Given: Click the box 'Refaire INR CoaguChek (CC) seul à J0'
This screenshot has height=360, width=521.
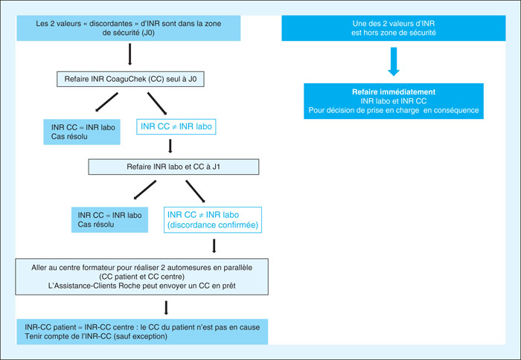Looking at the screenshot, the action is pyautogui.click(x=130, y=79).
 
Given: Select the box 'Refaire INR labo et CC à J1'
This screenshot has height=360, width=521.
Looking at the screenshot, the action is pyautogui.click(x=173, y=167).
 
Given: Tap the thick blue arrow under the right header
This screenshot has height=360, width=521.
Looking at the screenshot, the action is pyautogui.click(x=394, y=62).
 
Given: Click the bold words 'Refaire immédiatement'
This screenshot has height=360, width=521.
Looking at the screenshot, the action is pyautogui.click(x=394, y=92).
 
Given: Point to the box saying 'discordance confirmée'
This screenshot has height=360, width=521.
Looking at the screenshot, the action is pyautogui.click(x=213, y=220).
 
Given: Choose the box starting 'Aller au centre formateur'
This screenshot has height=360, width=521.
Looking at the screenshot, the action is pyautogui.click(x=142, y=277).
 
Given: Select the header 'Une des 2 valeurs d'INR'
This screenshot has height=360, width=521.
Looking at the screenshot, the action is pyautogui.click(x=394, y=28).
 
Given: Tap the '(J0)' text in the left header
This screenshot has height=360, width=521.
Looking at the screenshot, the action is pyautogui.click(x=147, y=33).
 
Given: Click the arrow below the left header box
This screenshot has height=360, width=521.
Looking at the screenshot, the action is pyautogui.click(x=130, y=54).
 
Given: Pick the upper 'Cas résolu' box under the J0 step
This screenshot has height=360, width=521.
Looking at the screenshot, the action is pyautogui.click(x=82, y=132).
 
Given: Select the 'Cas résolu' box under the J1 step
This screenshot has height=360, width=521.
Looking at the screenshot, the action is pyautogui.click(x=109, y=220).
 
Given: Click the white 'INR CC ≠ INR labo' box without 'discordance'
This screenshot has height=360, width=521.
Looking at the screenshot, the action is pyautogui.click(x=176, y=126).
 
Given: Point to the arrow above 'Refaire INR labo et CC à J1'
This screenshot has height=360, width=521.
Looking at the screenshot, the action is pyautogui.click(x=170, y=146).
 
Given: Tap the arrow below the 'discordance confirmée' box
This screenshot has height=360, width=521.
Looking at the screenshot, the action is pyautogui.click(x=214, y=245).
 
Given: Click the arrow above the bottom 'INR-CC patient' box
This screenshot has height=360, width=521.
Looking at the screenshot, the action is pyautogui.click(x=166, y=308).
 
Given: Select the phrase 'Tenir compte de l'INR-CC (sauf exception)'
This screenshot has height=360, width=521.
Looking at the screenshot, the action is pyautogui.click(x=96, y=336).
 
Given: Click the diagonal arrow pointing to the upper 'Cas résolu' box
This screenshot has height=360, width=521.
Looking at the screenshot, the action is pyautogui.click(x=106, y=102).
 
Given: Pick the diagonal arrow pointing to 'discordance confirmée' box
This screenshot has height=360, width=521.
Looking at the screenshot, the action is pyautogui.click(x=195, y=191).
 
